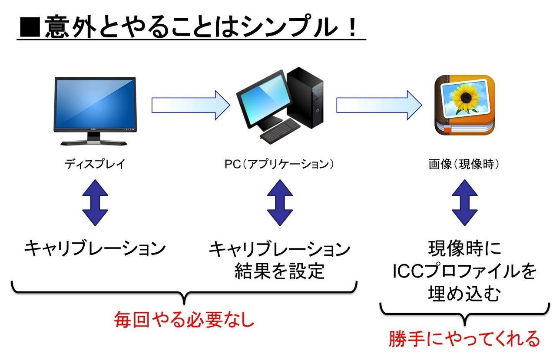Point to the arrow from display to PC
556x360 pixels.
190,105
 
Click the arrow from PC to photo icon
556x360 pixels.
378,105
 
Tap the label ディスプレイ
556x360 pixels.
95,164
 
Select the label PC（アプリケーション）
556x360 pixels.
280,164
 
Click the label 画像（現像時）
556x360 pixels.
464,164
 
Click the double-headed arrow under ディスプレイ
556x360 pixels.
95,204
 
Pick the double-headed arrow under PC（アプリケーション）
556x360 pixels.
280,204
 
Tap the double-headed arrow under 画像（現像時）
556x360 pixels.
464,204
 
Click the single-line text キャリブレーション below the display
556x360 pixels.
95,249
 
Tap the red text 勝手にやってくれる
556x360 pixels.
464,339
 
